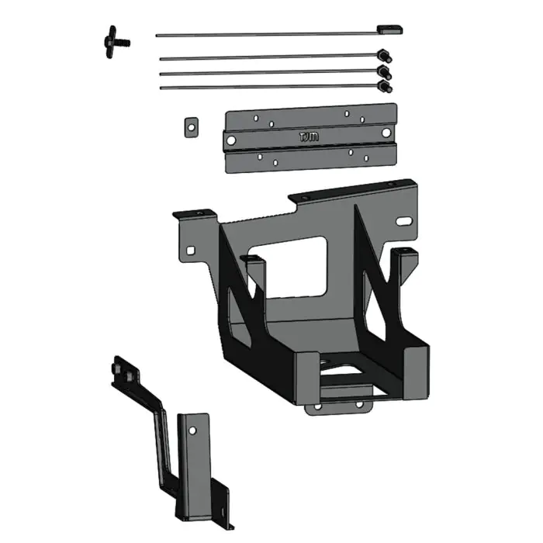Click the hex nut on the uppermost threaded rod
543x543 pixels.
383,55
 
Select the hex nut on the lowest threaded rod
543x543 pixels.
383,86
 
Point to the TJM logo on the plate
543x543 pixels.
308,137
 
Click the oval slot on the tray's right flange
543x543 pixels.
403,222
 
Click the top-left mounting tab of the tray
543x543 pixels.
191,213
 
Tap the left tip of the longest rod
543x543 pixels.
157,34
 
